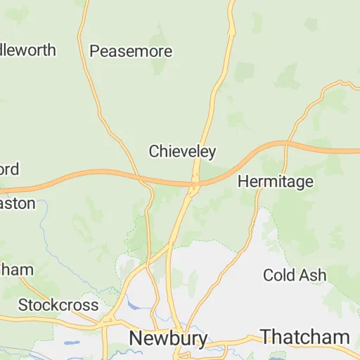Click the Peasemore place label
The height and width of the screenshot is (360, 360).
coord(131,51)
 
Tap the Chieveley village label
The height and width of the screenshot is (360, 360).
coord(182,151)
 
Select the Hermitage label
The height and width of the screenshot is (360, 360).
coord(275,181)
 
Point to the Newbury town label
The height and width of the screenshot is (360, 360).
coord(168,338)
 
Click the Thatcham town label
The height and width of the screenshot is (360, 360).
coord(304,336)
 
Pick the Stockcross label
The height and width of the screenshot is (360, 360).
coord(58,305)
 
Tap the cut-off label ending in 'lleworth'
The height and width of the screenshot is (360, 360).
coord(27,51)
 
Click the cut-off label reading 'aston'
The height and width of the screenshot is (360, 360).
coord(18,203)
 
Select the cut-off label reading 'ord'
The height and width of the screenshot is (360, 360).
coord(9,169)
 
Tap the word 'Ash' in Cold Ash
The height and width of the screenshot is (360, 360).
coord(313,275)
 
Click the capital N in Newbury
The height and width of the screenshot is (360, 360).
coord(136,338)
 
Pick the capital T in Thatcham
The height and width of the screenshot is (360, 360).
coord(266,336)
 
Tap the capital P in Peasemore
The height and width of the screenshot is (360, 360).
coord(95,51)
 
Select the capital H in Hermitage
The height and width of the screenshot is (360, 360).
coord(243,181)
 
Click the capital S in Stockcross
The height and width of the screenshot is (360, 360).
coord(23,305)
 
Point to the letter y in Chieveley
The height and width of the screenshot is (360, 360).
coord(212,153)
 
